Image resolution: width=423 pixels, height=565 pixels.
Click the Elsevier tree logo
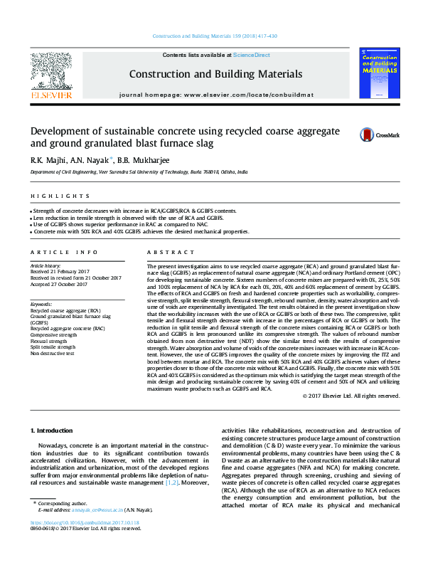coord(50,72)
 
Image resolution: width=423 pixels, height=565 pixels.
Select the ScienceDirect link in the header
coord(251,55)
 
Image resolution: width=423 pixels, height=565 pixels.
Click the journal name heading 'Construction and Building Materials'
coord(215,73)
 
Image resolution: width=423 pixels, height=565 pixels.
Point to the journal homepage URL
coord(215,95)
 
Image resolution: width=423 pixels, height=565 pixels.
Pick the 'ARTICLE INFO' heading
coord(63,252)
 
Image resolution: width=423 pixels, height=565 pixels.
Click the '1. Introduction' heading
coord(54,431)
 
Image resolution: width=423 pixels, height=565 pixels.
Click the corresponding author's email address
coord(99,530)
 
